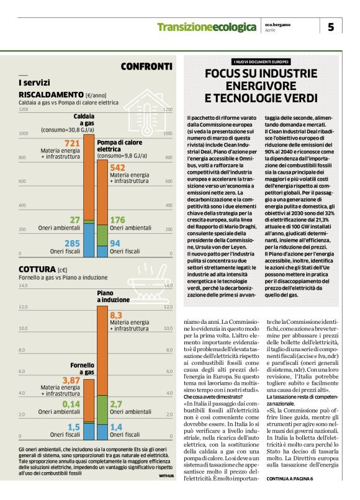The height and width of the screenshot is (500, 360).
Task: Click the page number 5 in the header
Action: (x=331, y=27)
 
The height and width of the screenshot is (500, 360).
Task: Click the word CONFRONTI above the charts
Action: (x=146, y=66)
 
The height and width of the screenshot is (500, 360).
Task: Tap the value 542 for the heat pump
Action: (x=117, y=167)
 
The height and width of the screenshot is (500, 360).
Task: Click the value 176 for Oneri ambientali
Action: (x=117, y=220)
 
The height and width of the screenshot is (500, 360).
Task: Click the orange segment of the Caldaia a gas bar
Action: (x=89, y=180)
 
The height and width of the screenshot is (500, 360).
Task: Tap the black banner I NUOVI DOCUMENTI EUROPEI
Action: (x=261, y=62)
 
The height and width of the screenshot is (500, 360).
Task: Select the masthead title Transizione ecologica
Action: (x=207, y=27)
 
